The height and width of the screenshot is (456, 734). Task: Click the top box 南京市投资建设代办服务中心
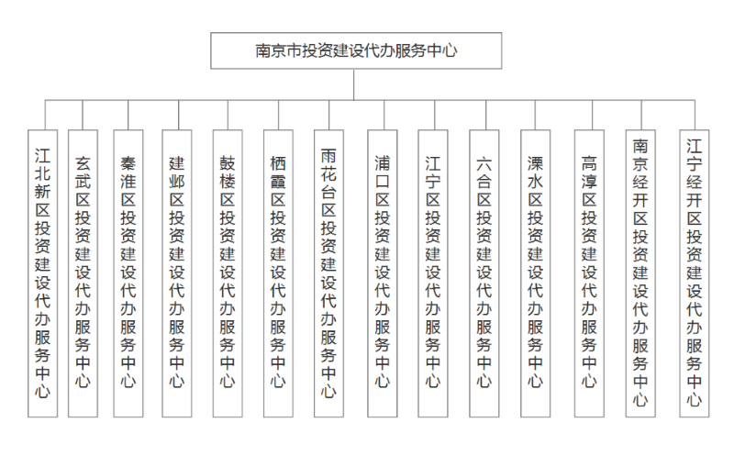pos(356,50)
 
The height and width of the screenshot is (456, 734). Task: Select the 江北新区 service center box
pos(42,273)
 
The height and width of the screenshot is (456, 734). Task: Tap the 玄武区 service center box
pos(83,273)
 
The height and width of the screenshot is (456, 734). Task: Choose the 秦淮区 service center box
pos(128,273)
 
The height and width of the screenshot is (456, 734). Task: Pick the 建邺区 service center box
pos(177,273)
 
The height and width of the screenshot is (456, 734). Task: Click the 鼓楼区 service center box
pos(228,273)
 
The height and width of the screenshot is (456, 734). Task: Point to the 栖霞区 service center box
pos(278,273)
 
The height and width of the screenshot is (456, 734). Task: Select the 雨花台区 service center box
pos(328,273)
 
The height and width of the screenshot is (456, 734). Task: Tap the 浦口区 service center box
pos(383,273)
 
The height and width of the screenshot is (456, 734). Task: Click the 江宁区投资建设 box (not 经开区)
pos(433,273)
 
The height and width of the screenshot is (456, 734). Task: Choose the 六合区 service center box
pos(484,273)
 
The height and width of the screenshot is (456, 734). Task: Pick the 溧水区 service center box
pos(536,273)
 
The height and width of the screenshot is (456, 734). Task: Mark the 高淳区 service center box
pos(589,273)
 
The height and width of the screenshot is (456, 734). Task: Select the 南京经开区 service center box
pos(640,273)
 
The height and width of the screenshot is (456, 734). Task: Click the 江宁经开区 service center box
pos(695,273)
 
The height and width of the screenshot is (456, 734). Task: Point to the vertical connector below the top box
pos(354,84)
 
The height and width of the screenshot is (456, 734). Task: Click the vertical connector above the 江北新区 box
pos(45,115)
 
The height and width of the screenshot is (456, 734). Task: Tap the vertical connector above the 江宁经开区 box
pos(695,115)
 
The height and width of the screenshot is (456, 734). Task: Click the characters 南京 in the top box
pos(271,50)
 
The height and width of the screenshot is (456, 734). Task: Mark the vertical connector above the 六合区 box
pos(486,115)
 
